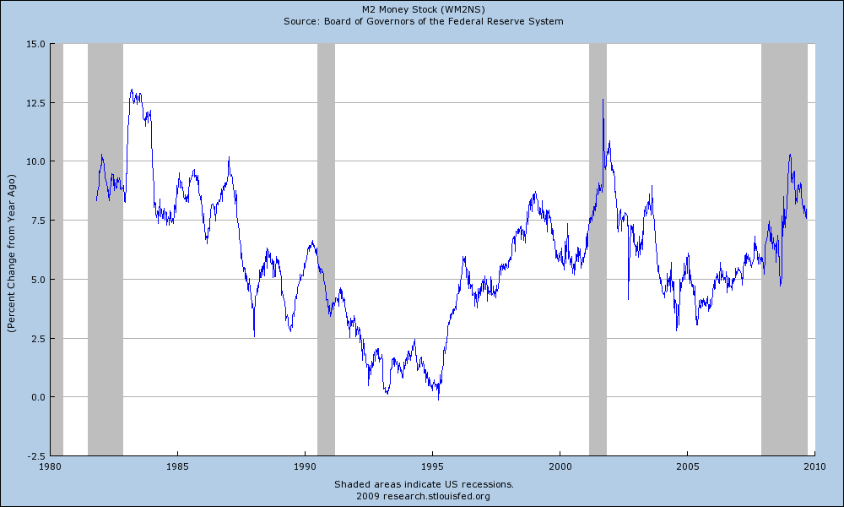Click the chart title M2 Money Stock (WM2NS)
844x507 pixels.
[x=422, y=9]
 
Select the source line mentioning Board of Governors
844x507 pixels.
[x=422, y=20]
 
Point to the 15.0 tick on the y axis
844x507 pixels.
[x=35, y=44]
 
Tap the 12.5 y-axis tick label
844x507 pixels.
[x=35, y=102]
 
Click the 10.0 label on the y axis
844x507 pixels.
[x=35, y=161]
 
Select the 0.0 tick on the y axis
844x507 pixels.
[x=37, y=397]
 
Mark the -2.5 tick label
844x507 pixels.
[x=36, y=455]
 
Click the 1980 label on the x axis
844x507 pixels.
[x=51, y=466]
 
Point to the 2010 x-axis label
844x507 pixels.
[x=814, y=466]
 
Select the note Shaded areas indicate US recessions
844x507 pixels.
[x=422, y=484]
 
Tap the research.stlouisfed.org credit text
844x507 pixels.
[x=422, y=496]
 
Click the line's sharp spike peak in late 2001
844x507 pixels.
[x=603, y=100]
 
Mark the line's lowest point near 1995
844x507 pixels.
[x=438, y=398]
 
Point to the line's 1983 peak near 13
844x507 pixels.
[x=132, y=90]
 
